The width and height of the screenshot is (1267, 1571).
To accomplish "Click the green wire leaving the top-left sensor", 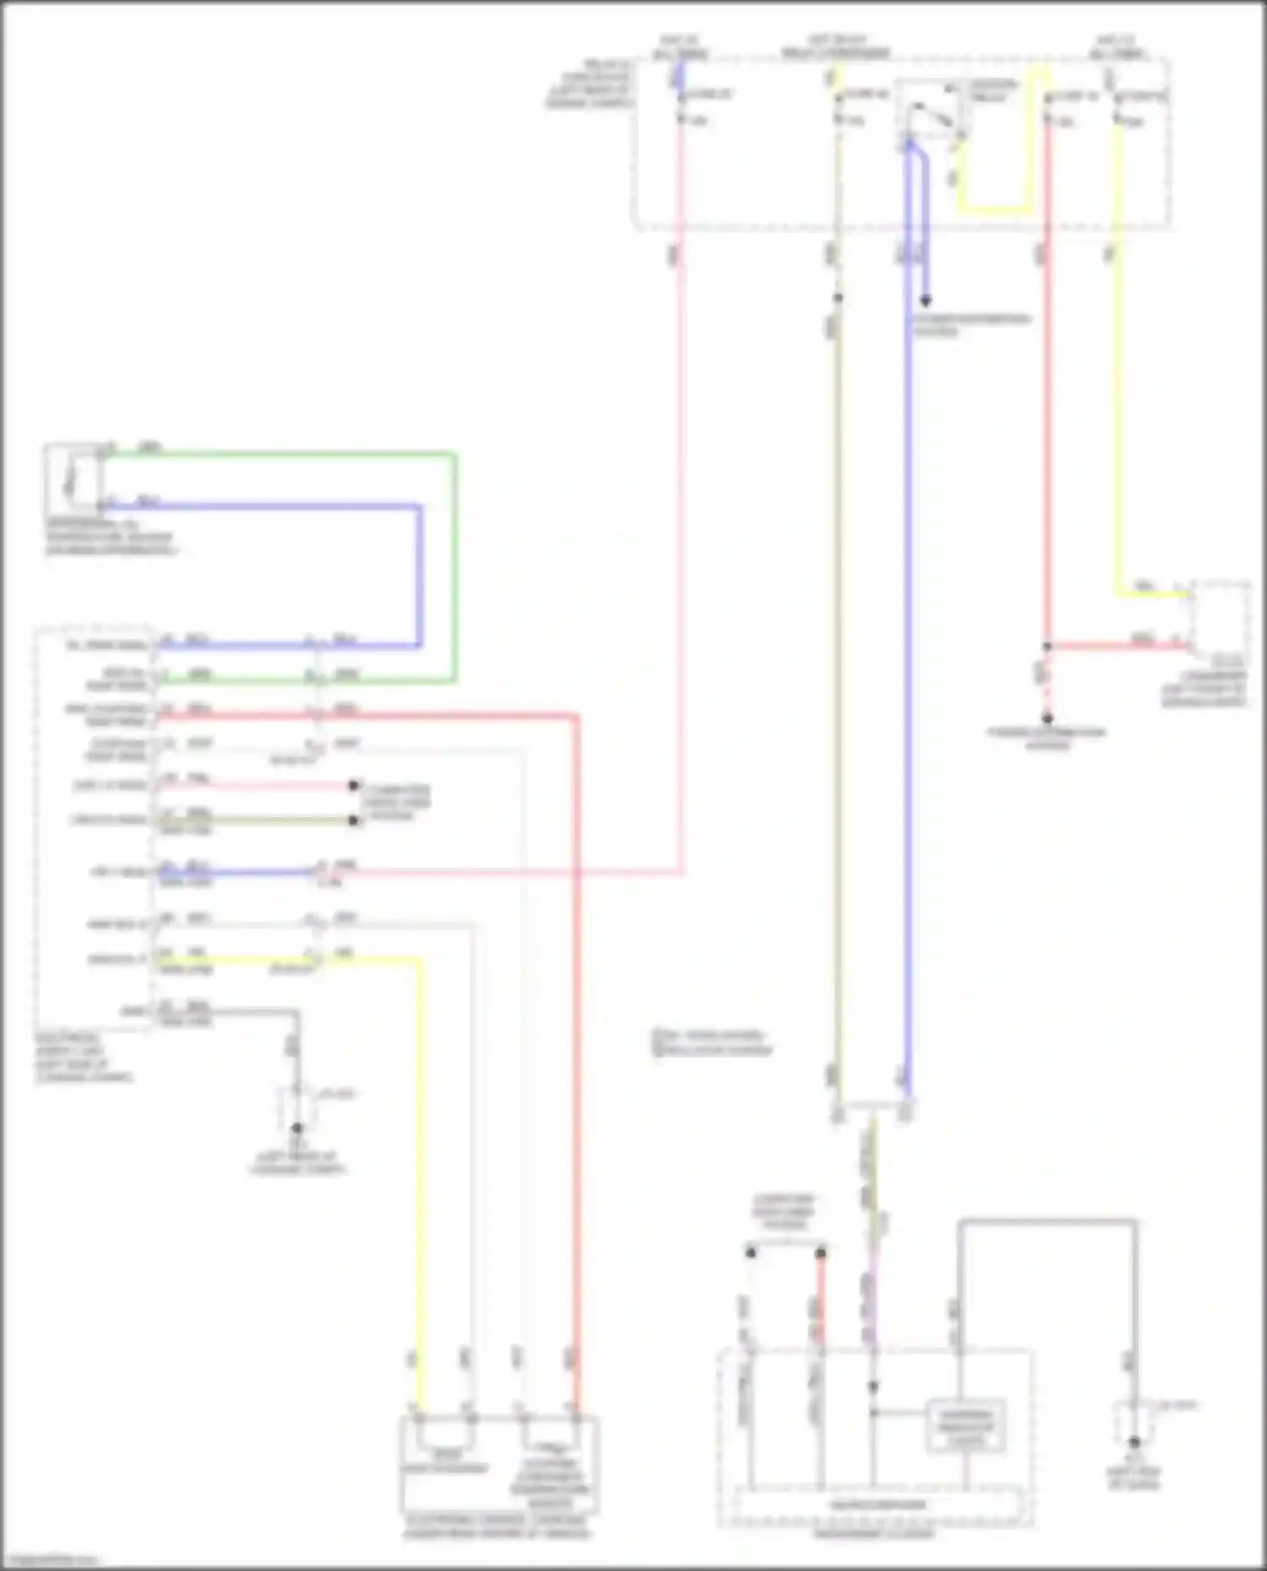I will click(x=279, y=456).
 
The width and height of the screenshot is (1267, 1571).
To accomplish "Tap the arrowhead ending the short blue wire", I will click(x=926, y=301).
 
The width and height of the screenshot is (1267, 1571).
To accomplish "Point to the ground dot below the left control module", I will click(x=296, y=1128).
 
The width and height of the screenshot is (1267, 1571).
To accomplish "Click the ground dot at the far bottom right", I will click(x=1134, y=1442).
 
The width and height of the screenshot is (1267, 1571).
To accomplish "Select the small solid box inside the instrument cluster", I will click(x=965, y=1426).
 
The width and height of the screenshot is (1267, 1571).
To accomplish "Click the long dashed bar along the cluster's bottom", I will click(x=877, y=1505).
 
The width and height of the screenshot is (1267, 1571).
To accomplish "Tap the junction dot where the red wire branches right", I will click(x=1047, y=647).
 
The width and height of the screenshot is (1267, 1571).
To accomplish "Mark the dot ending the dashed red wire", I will click(x=1047, y=718).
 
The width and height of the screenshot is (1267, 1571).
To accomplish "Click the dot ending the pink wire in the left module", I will click(x=354, y=786).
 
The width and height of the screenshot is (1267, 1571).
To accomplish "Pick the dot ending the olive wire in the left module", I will click(x=354, y=821).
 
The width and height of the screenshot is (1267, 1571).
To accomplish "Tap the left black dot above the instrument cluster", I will click(x=751, y=1253).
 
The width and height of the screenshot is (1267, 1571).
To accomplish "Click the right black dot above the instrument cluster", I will click(x=820, y=1253).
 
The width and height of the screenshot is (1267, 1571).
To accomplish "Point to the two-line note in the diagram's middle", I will click(x=712, y=1043).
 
